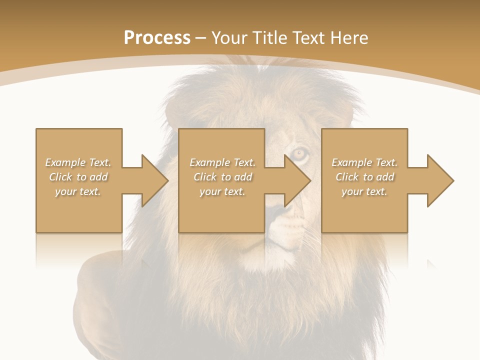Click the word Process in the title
point(157,38)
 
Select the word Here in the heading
point(349,38)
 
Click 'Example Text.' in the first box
point(78,162)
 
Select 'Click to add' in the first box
point(78,177)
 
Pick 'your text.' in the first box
point(78,191)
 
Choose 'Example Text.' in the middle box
point(222,162)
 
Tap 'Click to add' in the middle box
point(222,177)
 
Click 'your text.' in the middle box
point(222,191)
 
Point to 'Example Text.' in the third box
point(364,162)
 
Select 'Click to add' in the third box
point(364,177)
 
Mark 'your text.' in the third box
point(364,191)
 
